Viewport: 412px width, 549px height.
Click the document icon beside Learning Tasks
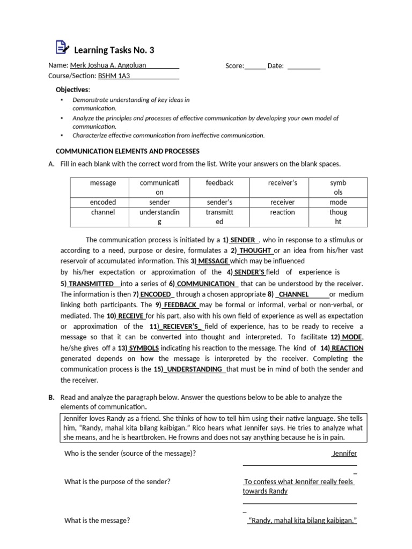click(62, 48)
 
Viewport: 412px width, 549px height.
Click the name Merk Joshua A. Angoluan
click(108, 66)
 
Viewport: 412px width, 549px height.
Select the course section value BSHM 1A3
click(114, 76)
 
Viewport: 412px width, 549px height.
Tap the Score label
click(234, 66)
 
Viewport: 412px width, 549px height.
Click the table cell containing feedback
click(219, 183)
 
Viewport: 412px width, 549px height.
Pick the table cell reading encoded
click(103, 202)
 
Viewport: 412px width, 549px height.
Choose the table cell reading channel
click(103, 212)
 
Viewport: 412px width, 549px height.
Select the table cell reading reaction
click(282, 212)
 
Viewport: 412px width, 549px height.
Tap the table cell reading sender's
click(219, 202)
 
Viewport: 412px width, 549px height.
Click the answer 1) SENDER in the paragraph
click(239, 240)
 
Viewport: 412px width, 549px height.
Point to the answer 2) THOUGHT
click(252, 250)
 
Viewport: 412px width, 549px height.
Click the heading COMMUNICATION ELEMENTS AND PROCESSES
click(128, 151)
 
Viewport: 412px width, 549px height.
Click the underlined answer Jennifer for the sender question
click(344, 454)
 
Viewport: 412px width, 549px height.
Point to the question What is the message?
click(97, 521)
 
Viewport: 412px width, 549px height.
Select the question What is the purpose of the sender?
click(117, 481)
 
